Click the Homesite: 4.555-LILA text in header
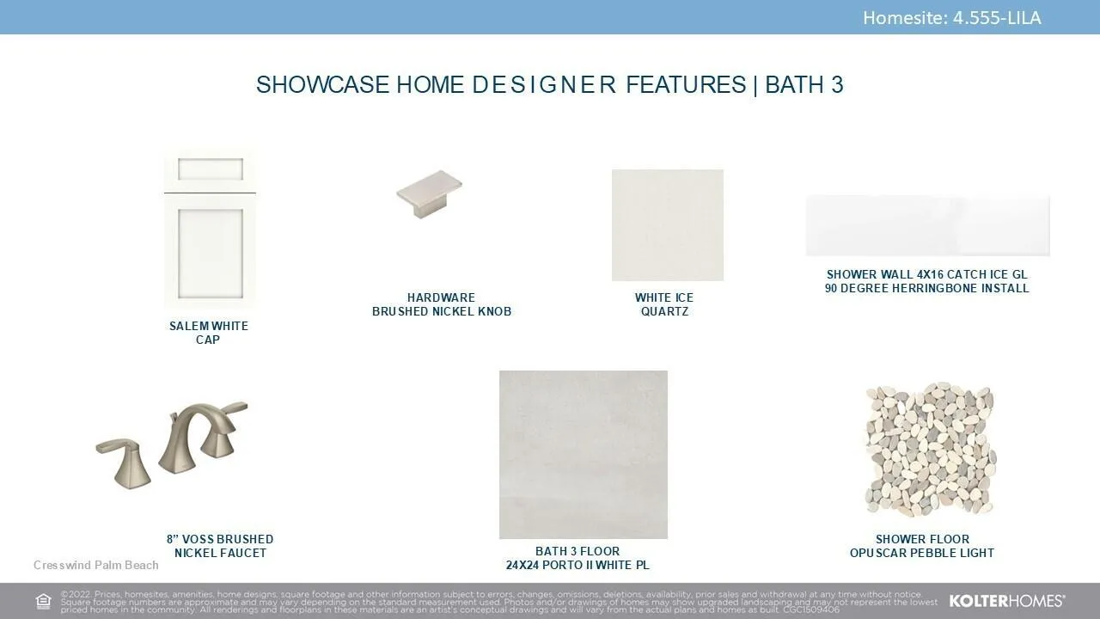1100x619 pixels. point(951,18)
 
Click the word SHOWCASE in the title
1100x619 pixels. point(322,84)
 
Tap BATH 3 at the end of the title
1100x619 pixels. point(804,84)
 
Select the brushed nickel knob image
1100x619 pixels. point(429,194)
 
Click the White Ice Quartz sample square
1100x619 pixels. point(668,225)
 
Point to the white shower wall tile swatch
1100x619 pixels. point(927,225)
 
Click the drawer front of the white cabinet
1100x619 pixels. point(211,169)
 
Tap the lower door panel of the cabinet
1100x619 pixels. point(211,252)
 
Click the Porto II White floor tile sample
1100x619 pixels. point(584,455)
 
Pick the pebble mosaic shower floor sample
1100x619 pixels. point(930,449)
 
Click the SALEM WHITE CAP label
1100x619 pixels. point(208,333)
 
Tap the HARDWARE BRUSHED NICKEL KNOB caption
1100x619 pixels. point(442,304)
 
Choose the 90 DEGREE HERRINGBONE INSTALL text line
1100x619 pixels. point(926,288)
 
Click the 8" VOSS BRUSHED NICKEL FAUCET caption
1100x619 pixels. point(220,546)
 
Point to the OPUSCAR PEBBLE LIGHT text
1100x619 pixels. point(922,553)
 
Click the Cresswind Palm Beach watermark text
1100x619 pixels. point(95,565)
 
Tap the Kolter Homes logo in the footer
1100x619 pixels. point(1007,601)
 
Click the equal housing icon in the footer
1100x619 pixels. point(43,601)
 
